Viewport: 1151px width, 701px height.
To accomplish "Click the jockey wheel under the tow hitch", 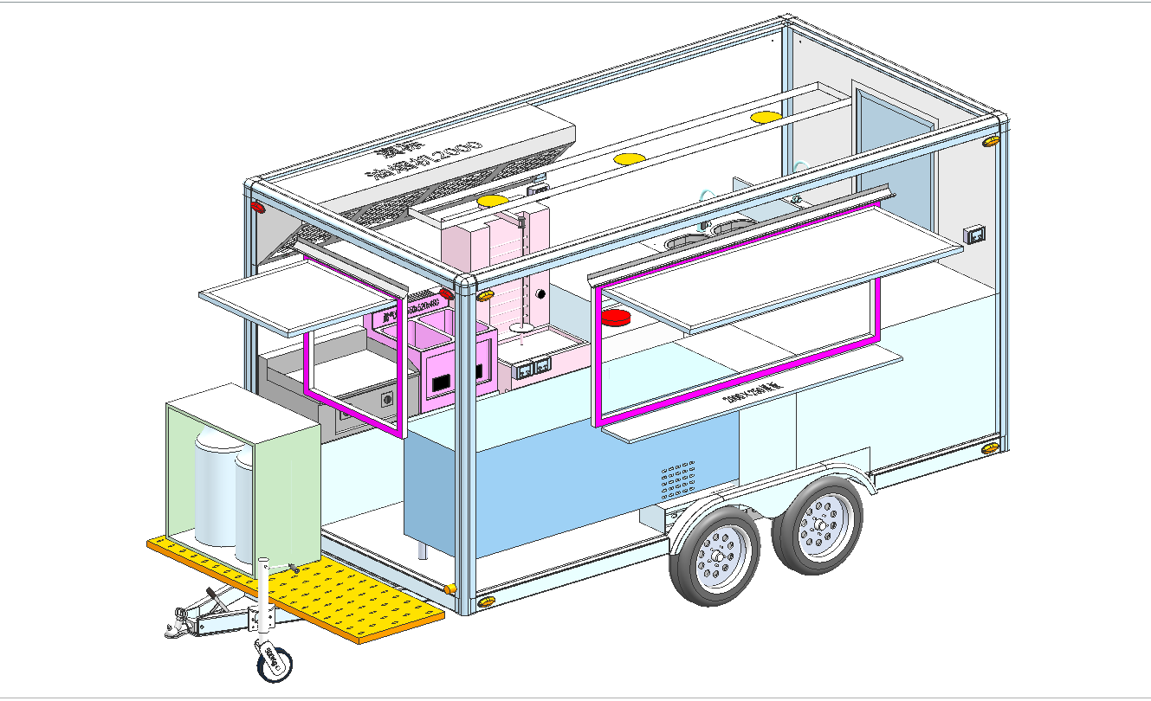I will point(274,662).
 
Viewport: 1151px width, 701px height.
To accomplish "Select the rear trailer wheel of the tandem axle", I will point(818,524).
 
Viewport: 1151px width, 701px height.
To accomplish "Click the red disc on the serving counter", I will point(617,317).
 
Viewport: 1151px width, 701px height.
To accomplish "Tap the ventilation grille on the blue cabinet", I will point(676,481).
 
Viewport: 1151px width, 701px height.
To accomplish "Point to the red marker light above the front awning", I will point(257,209).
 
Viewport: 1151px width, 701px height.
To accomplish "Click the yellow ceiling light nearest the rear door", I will point(766,116).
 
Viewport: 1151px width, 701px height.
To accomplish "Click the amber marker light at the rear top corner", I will point(992,141).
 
